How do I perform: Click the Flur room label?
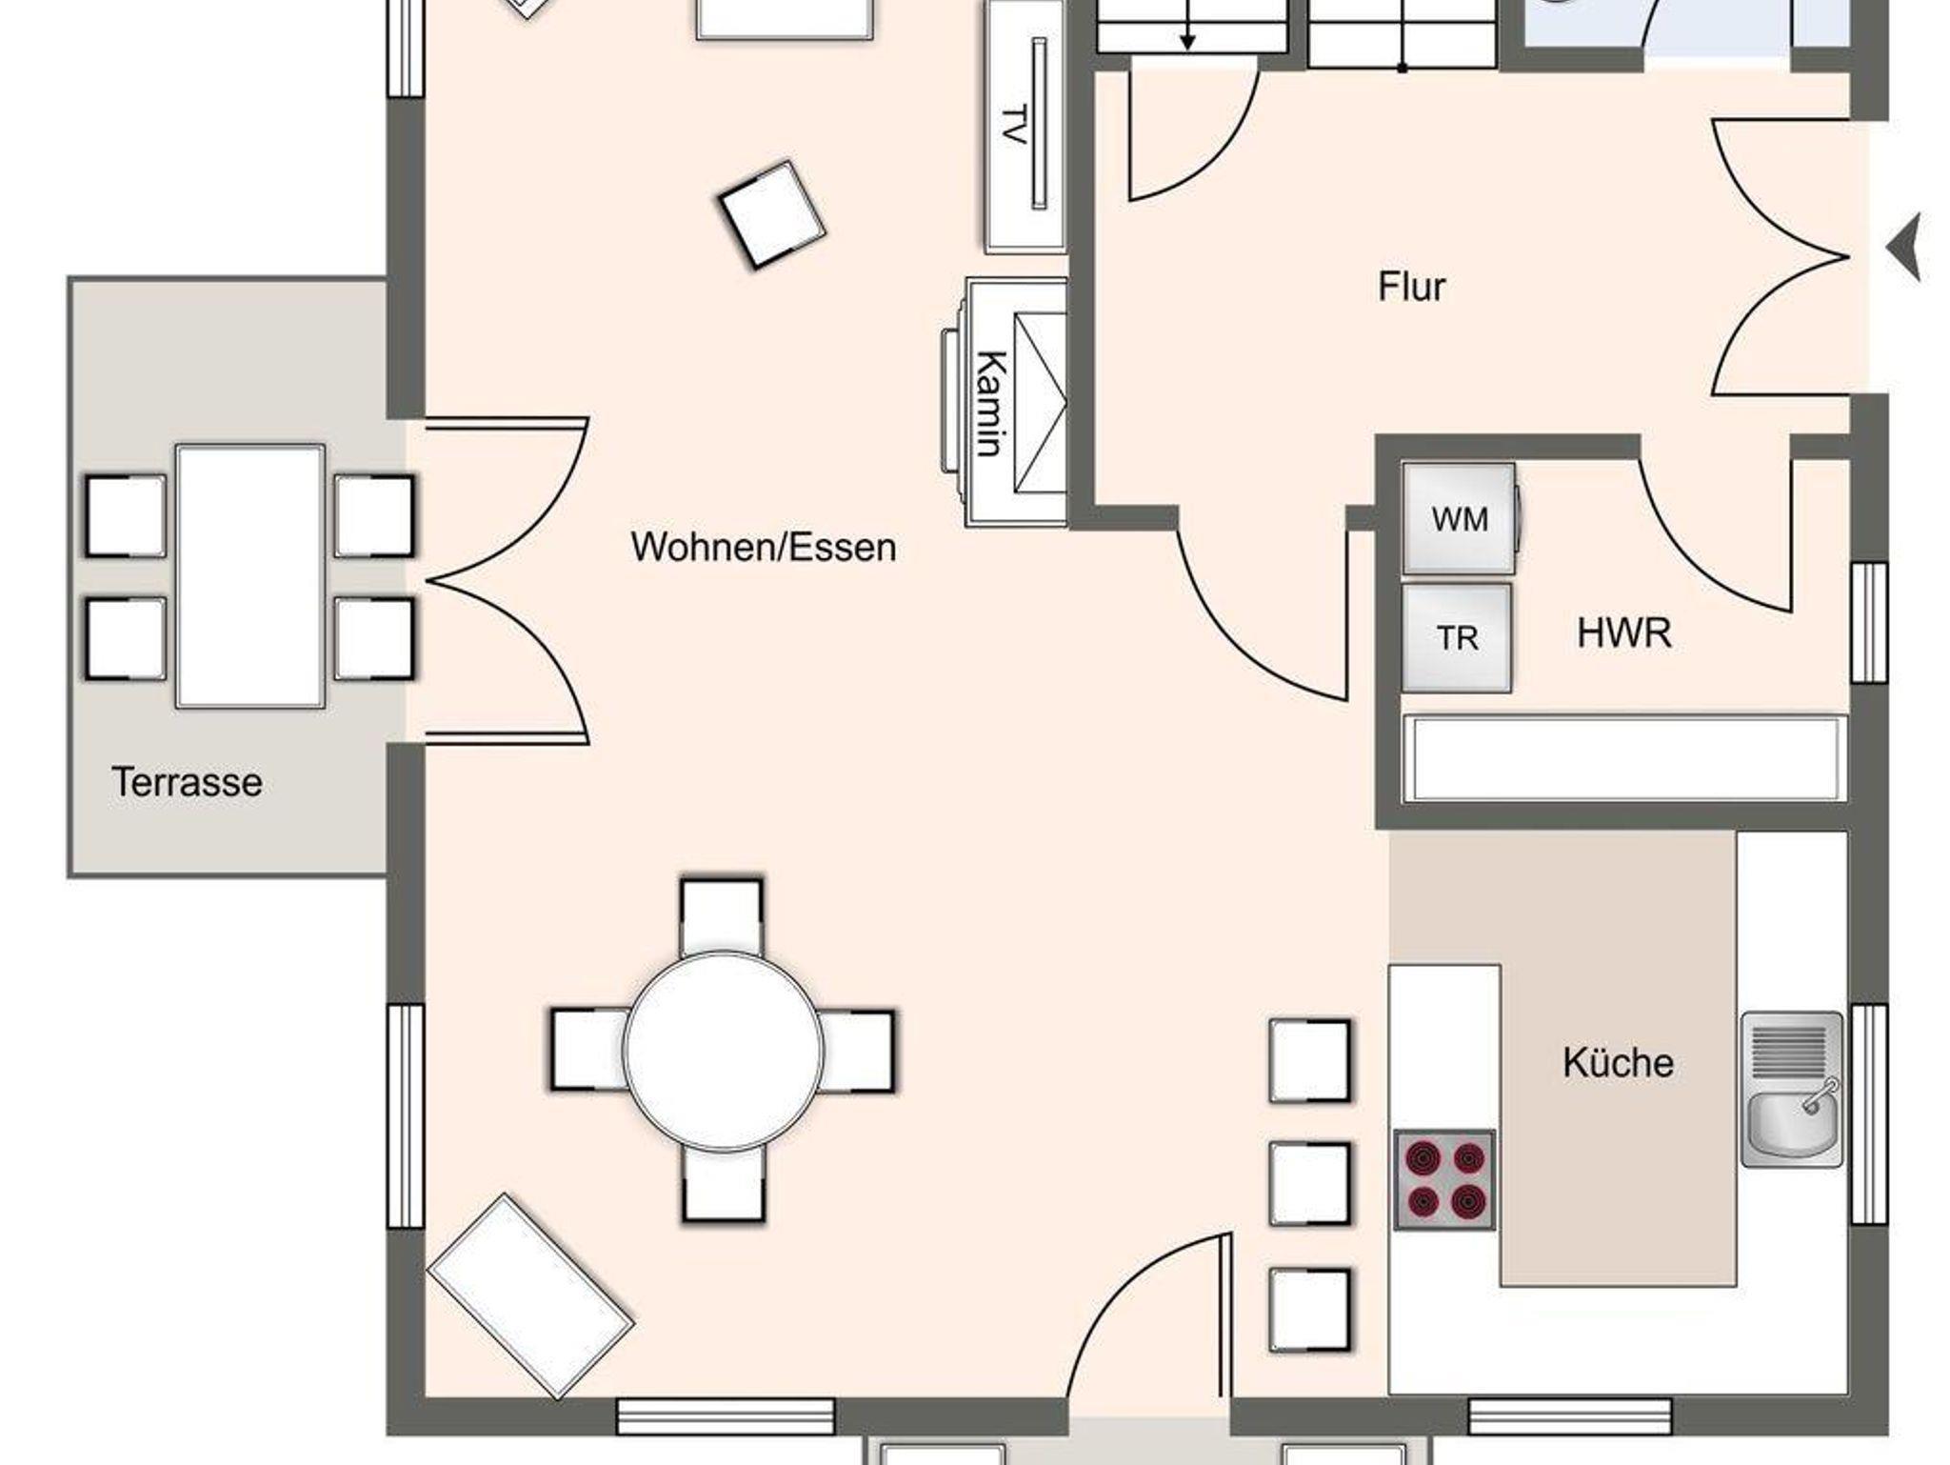(x=1411, y=286)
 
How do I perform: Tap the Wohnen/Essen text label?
(x=764, y=547)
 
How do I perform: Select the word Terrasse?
(x=188, y=782)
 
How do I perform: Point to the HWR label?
(x=1623, y=633)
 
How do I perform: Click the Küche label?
(x=1618, y=1062)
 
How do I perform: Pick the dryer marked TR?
(x=1457, y=638)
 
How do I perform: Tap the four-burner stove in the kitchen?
(x=1444, y=1179)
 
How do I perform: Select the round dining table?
(x=724, y=1049)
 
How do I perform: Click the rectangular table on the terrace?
(x=250, y=576)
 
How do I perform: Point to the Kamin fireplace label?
(x=992, y=404)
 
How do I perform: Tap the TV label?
(x=1013, y=125)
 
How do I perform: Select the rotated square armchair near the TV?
(x=771, y=214)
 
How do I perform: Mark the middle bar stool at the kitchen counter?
(x=1310, y=1183)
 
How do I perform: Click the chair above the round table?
(x=722, y=916)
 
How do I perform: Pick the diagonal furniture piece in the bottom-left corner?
(x=530, y=1295)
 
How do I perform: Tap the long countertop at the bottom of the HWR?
(x=1624, y=758)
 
